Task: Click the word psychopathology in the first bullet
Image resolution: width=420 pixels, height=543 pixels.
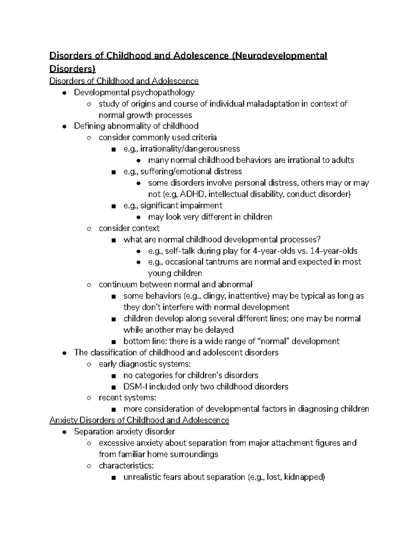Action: (163, 93)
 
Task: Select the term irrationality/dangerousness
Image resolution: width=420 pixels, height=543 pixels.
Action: (190, 149)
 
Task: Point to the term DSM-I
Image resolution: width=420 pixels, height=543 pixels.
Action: (134, 387)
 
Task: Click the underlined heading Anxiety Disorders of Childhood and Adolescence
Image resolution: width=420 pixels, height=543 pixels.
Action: (139, 420)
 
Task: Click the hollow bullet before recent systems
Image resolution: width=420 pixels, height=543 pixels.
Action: (89, 398)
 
